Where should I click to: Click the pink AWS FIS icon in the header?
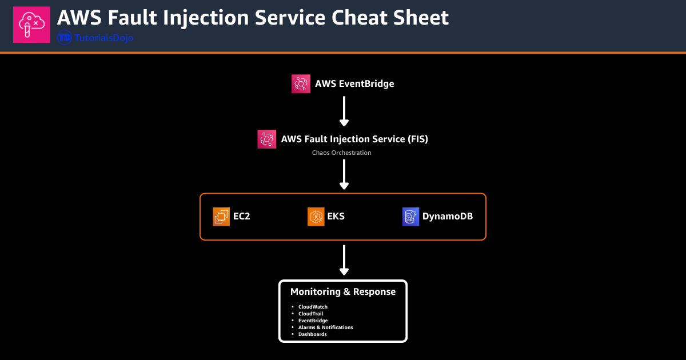31,25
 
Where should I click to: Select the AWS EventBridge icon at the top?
301,83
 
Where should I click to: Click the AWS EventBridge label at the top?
354,83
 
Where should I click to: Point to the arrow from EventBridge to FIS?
344,110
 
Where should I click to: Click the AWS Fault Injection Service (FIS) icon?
266,139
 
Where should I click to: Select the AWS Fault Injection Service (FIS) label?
354,139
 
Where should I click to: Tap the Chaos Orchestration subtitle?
341,153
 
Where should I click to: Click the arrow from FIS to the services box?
344,174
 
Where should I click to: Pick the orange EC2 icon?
221,217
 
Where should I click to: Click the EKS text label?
336,217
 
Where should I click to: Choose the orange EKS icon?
316,217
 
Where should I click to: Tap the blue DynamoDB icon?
410,217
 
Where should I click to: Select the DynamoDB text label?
447,217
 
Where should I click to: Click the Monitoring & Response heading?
343,291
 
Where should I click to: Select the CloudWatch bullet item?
313,307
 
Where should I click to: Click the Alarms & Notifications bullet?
325,327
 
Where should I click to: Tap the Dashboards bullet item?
312,334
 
